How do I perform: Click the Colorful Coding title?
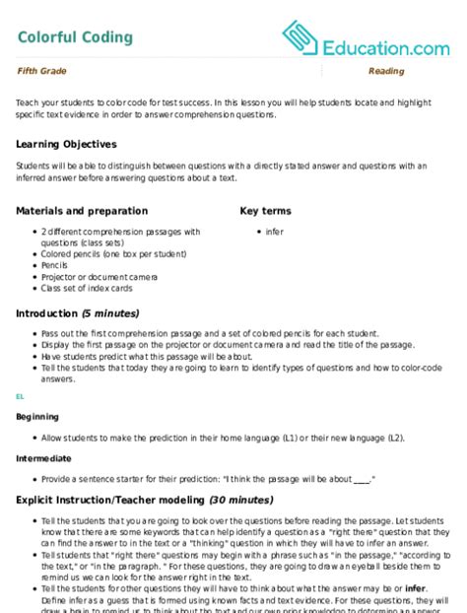[x=75, y=37]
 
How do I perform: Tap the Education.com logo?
[x=366, y=38]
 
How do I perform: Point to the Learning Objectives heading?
[x=66, y=144]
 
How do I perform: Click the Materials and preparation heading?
[x=83, y=211]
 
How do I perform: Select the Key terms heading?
[x=267, y=211]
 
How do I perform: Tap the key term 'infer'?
[x=274, y=232]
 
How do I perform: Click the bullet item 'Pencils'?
[x=56, y=265]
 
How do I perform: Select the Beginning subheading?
[x=37, y=416]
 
